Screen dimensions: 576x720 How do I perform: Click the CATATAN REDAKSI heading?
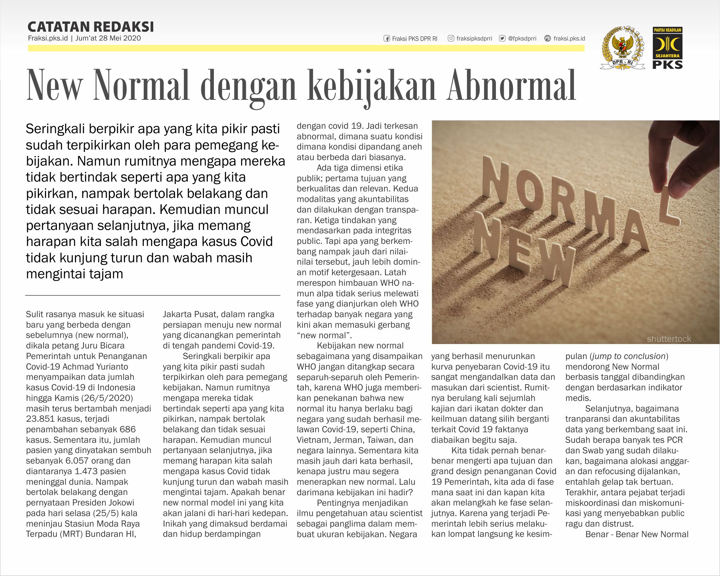(x=91, y=27)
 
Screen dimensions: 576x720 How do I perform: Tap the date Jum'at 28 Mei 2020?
(x=108, y=38)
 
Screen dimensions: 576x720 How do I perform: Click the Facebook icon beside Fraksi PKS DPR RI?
(x=387, y=38)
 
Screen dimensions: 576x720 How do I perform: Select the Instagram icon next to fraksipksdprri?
(x=451, y=38)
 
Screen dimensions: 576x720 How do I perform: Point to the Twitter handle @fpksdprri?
(x=522, y=38)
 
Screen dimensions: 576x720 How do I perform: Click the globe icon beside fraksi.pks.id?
(x=547, y=38)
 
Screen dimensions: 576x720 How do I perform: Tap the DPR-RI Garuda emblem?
(x=623, y=48)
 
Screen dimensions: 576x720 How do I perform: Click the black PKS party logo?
(x=668, y=48)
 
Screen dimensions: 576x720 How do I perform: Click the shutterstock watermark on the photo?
(x=669, y=339)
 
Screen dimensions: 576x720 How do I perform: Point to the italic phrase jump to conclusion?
(x=629, y=356)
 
